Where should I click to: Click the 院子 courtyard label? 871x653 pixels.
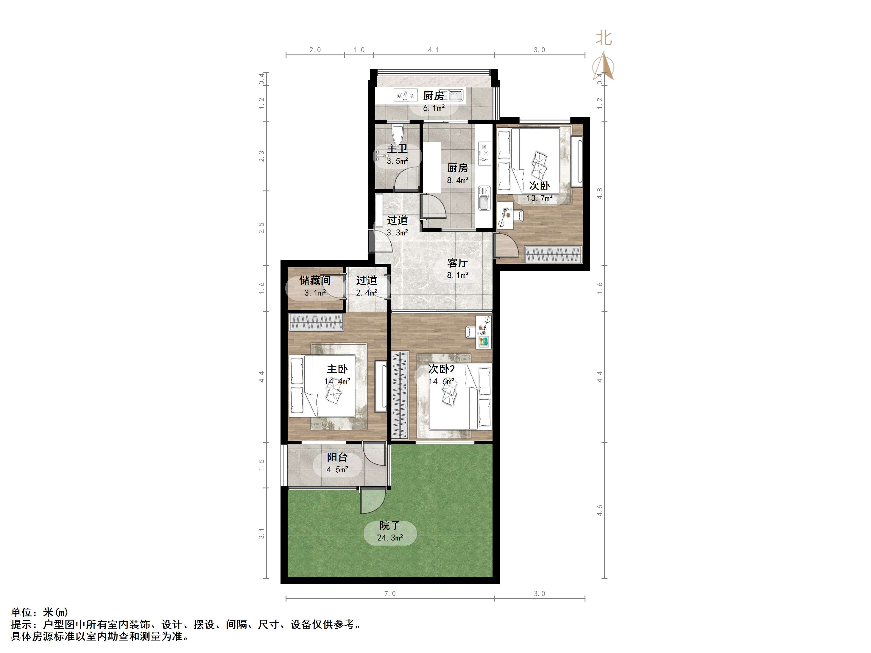click(389, 525)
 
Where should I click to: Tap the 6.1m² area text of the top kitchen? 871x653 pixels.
click(434, 108)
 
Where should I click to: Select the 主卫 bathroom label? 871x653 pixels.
click(397, 149)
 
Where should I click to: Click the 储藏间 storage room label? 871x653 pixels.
click(315, 280)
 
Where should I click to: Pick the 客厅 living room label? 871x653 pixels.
click(457, 263)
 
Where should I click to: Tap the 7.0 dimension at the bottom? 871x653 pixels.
click(390, 593)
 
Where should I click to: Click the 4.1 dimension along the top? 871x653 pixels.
click(434, 50)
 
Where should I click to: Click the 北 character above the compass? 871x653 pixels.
click(604, 38)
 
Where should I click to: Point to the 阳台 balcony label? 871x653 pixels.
click(337, 457)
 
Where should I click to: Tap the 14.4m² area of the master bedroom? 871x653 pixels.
click(337, 381)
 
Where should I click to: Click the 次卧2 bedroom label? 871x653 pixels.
click(441, 369)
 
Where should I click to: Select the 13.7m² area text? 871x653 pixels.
click(539, 198)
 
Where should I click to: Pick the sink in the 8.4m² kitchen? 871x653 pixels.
click(484, 198)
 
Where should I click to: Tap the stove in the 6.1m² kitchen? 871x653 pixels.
click(406, 95)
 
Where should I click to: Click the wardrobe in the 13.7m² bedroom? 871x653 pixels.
click(553, 254)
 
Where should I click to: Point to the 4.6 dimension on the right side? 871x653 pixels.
click(600, 510)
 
